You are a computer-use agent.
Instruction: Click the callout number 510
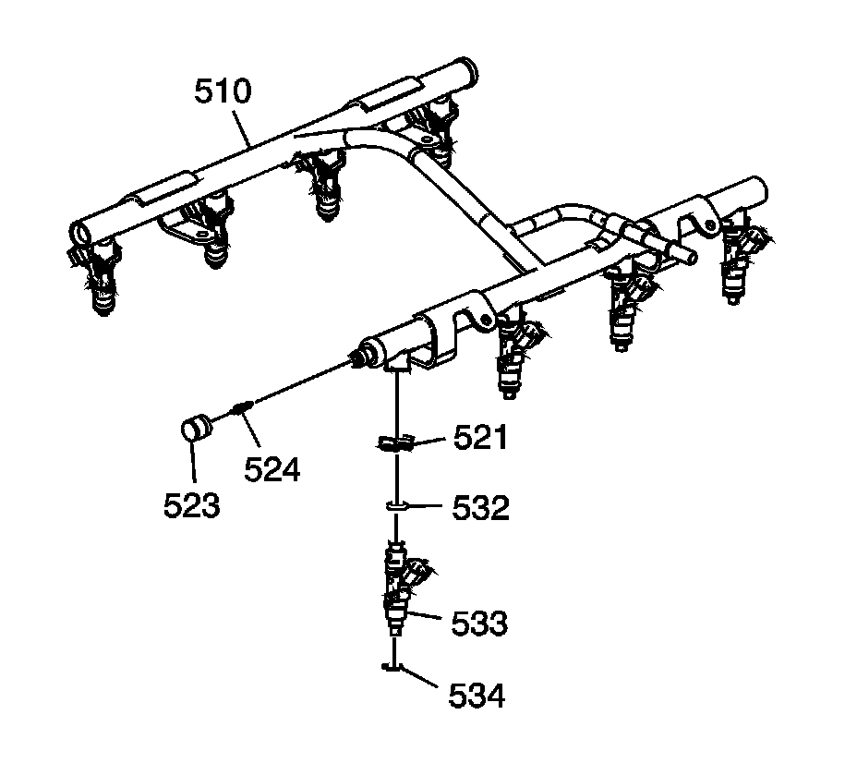[223, 92]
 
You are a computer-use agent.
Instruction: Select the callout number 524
[272, 469]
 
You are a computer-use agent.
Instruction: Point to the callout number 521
[481, 438]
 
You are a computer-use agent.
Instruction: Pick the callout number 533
[479, 624]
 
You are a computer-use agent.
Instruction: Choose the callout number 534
[477, 695]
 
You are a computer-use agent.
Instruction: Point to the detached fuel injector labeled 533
[399, 587]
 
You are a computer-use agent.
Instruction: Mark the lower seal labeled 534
[393, 666]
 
